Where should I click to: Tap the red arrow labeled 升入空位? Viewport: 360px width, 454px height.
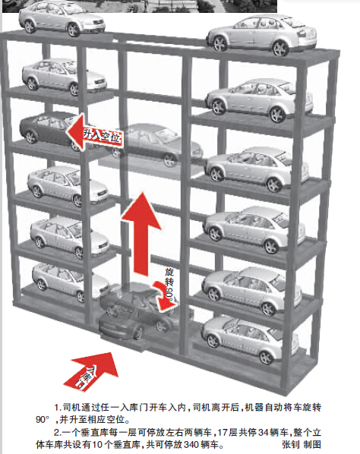(x=94, y=133)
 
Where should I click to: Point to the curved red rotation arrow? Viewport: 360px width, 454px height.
(x=163, y=297)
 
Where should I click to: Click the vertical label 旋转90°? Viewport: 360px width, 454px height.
(x=170, y=285)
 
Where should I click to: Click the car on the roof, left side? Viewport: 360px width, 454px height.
(x=62, y=18)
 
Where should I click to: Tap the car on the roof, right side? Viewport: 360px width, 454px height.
(x=261, y=35)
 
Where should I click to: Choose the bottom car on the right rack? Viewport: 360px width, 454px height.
(x=249, y=340)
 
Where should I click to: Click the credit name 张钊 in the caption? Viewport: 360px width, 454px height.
(x=290, y=444)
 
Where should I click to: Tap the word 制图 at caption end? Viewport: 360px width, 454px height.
(x=312, y=444)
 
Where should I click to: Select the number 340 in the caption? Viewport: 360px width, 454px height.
(x=191, y=444)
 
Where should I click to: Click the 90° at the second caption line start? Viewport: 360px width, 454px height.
(x=43, y=420)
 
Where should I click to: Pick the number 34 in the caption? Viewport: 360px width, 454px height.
(x=263, y=433)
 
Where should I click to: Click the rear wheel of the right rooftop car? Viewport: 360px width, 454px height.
(x=280, y=48)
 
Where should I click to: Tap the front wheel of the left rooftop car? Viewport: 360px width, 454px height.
(x=73, y=30)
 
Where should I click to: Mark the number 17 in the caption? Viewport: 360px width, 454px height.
(x=223, y=433)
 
